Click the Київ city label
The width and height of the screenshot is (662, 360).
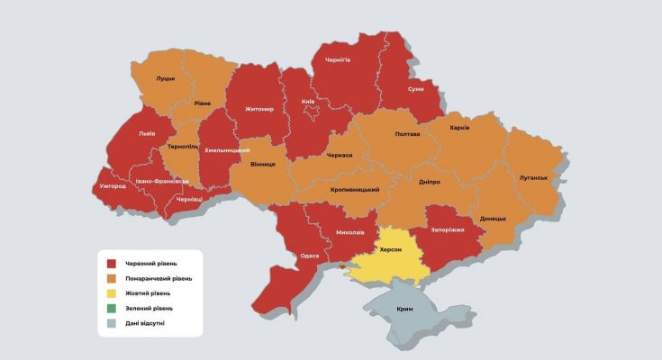click(308, 102)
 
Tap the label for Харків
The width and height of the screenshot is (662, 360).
click(458, 128)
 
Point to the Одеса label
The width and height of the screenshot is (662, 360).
click(309, 256)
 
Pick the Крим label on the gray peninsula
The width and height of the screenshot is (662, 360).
click(405, 310)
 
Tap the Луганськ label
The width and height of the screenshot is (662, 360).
click(533, 177)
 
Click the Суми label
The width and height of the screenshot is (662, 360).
click(416, 91)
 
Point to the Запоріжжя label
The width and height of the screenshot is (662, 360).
click(447, 229)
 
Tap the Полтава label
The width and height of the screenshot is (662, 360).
click(407, 134)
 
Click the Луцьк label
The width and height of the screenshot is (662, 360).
click(166, 79)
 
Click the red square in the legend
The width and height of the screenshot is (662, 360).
click(112, 264)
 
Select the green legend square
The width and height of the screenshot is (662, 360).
click(112, 308)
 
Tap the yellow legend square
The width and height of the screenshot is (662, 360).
click(112, 293)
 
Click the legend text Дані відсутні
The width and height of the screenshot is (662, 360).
click(146, 322)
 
